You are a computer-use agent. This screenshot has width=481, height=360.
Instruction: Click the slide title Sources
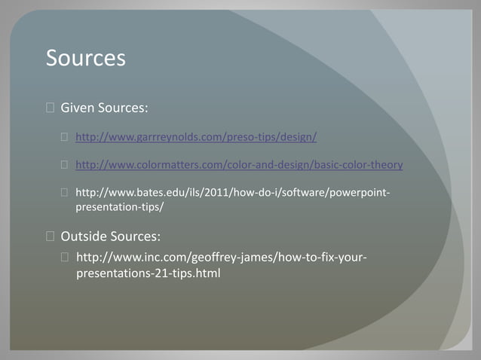pos(85,58)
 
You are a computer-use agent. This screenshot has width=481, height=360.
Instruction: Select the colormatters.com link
pos(239,165)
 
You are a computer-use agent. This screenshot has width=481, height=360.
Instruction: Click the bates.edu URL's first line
pos(233,192)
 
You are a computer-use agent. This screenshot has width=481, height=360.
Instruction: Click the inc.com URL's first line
pos(222,258)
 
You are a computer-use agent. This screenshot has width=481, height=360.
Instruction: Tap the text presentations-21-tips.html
pos(149,273)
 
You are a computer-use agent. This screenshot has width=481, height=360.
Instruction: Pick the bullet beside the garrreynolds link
pos(66,138)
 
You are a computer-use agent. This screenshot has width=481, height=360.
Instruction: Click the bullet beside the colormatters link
pos(66,165)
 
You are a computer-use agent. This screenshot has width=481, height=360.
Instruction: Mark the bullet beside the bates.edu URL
pos(66,193)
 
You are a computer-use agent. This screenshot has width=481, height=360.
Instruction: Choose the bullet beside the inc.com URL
pos(66,258)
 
